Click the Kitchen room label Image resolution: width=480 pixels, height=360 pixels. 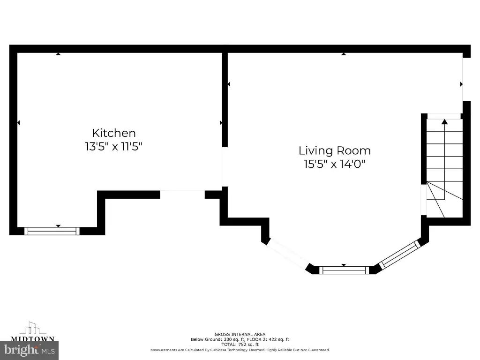point(113,133)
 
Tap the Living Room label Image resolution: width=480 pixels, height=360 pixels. point(335,150)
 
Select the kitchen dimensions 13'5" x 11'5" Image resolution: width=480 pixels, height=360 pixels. point(113,146)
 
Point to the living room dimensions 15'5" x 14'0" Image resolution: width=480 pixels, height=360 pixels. point(335,164)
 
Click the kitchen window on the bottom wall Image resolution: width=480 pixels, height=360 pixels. point(52,231)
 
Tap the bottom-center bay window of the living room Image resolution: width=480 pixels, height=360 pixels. point(344,270)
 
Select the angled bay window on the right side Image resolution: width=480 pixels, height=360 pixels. point(399,255)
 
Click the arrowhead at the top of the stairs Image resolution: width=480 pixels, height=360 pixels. point(444,121)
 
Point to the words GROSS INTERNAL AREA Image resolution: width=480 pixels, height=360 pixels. point(240,334)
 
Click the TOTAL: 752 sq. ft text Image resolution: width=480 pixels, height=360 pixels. point(240,345)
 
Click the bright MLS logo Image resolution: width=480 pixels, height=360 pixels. point(30,350)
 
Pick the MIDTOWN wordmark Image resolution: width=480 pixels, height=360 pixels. point(33,338)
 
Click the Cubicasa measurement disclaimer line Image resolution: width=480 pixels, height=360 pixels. point(240,350)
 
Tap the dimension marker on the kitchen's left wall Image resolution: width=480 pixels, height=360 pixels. point(18,123)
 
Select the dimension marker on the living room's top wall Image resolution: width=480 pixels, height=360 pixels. point(344,54)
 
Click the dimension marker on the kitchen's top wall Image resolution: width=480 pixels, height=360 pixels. point(58,54)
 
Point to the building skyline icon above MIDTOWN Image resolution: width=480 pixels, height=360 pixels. point(33,328)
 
